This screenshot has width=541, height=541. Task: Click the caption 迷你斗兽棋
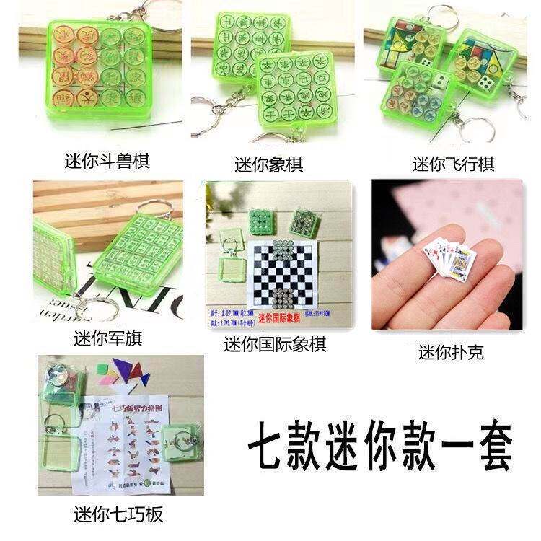click(106, 160)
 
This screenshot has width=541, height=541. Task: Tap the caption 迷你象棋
click(268, 164)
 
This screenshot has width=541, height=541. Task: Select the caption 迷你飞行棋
click(453, 164)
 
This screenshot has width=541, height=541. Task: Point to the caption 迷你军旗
click(106, 337)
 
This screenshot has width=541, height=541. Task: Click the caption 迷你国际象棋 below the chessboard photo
click(275, 345)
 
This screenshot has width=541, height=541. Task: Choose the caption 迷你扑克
click(451, 353)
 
